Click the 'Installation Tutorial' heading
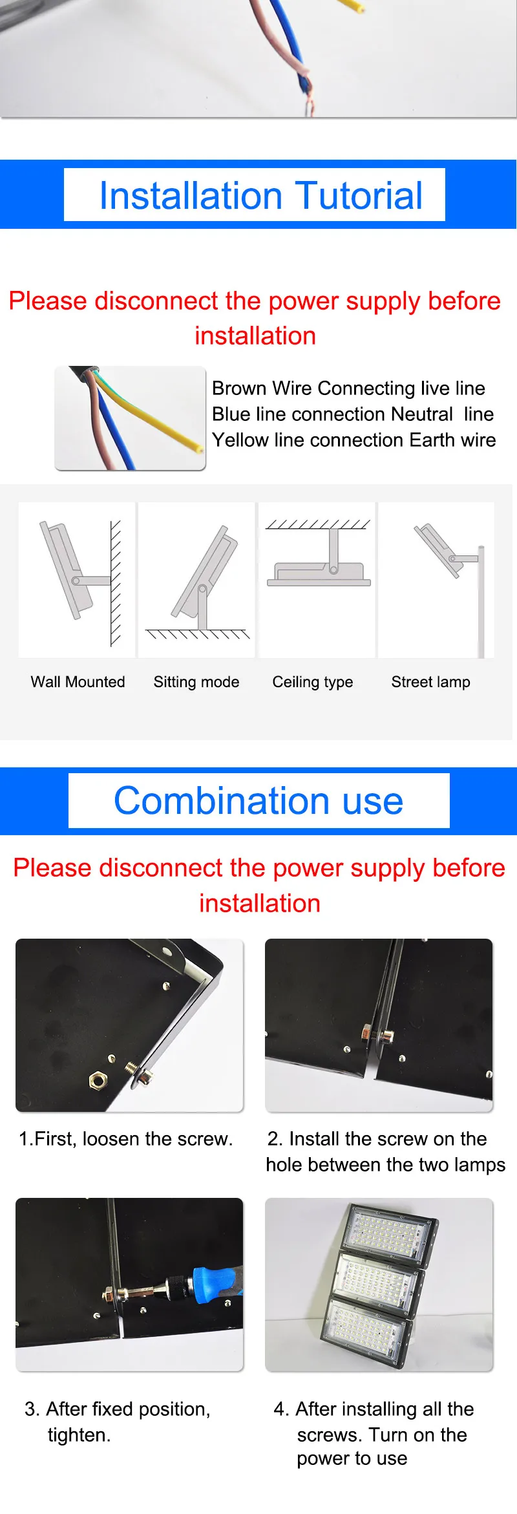[260, 196]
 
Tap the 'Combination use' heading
[258, 801]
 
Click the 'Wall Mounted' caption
[78, 682]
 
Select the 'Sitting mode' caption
[196, 682]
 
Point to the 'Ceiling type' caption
[313, 682]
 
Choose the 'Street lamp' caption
[431, 682]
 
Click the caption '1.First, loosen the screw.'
[125, 1139]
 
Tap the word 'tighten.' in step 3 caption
[79, 1435]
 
